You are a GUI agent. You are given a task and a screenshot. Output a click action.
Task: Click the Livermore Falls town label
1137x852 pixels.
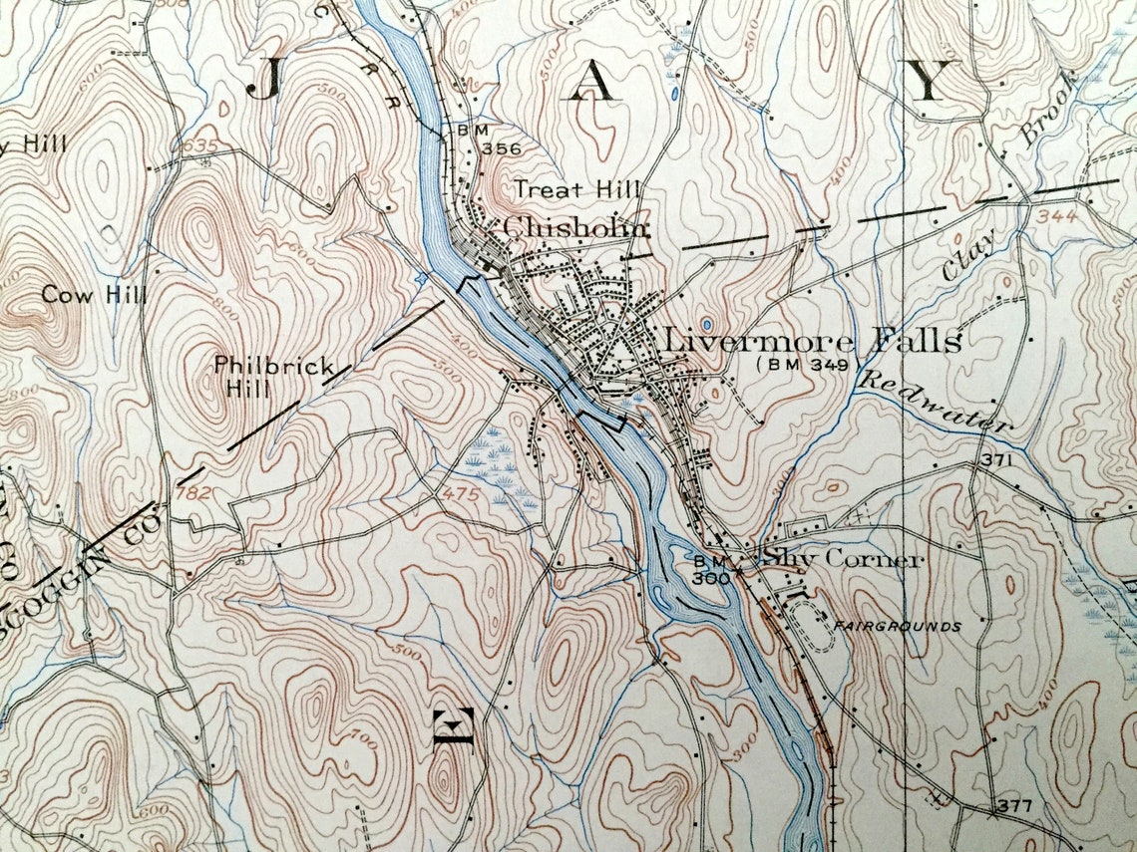pyautogui.click(x=812, y=341)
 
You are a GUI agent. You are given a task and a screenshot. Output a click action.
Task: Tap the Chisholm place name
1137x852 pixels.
pyautogui.click(x=575, y=227)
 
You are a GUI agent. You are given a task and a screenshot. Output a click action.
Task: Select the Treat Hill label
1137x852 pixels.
pyautogui.click(x=577, y=189)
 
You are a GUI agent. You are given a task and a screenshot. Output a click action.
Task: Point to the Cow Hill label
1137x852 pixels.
pyautogui.click(x=95, y=295)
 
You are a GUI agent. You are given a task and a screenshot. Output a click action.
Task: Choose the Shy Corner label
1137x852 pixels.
pyautogui.click(x=841, y=559)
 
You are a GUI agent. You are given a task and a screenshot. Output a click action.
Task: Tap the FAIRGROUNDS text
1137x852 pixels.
pyautogui.click(x=898, y=627)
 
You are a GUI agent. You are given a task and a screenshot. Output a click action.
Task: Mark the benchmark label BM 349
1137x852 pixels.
pyautogui.click(x=807, y=366)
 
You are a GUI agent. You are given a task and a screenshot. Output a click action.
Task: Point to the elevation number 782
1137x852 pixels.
pyautogui.click(x=193, y=492)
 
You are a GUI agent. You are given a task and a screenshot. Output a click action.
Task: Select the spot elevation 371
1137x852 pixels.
pyautogui.click(x=995, y=460)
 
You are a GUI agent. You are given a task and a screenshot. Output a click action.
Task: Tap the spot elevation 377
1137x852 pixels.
pyautogui.click(x=1013, y=805)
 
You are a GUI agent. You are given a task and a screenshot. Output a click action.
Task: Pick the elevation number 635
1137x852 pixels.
pyautogui.click(x=200, y=146)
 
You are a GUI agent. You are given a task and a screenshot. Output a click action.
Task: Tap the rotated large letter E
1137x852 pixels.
pyautogui.click(x=452, y=728)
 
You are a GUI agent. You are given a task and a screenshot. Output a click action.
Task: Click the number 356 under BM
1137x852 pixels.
pyautogui.click(x=501, y=148)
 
